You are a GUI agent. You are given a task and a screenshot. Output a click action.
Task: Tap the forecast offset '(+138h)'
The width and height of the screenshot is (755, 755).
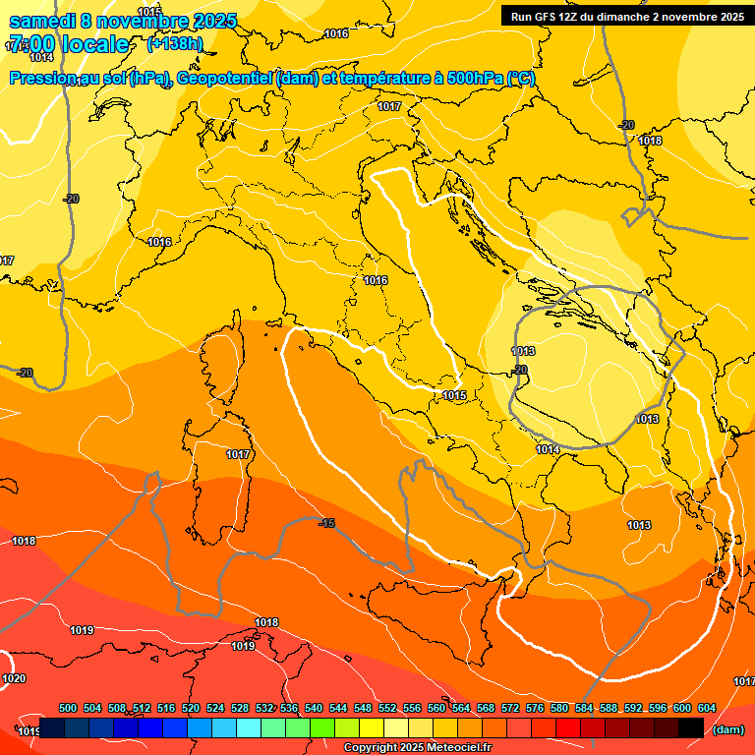click(174, 44)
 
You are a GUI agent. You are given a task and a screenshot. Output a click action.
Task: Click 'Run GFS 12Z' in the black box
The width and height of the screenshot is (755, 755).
click(545, 17)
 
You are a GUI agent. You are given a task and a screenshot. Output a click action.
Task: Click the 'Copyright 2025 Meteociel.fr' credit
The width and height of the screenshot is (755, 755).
click(418, 748)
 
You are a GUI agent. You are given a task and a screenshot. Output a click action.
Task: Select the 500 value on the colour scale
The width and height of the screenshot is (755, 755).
click(68, 709)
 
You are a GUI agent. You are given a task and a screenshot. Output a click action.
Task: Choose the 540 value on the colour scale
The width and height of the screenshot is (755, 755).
click(314, 709)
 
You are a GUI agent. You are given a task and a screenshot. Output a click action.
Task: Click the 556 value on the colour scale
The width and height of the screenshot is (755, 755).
click(412, 709)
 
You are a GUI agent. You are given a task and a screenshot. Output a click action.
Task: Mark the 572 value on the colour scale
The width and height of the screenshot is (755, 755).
click(510, 709)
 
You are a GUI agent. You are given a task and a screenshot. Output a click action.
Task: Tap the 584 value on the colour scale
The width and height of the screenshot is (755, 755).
click(584, 709)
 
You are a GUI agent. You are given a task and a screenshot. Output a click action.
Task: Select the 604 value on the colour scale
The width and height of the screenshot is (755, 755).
click(706, 709)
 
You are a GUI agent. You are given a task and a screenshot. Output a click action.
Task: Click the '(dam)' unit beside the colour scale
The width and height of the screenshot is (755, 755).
click(727, 729)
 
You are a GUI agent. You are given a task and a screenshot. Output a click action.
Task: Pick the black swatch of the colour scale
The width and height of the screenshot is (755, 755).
click(692, 727)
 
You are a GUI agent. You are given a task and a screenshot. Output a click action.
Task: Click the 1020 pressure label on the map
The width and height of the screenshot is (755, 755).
click(14, 679)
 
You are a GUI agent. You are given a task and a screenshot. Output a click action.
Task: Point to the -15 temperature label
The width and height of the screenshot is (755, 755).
click(327, 524)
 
